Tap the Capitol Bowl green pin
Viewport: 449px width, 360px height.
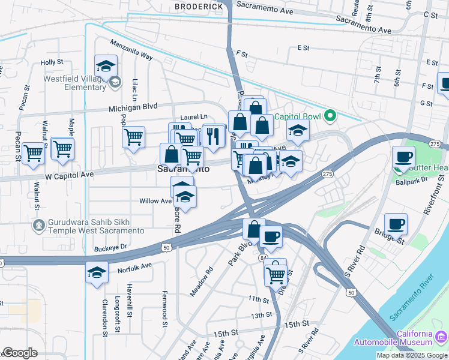pyautogui.click(x=329, y=116)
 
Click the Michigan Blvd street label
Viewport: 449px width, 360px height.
pyautogui.click(x=133, y=107)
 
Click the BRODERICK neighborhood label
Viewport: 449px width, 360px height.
pyautogui.click(x=199, y=6)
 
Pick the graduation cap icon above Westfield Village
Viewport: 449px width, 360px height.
pyautogui.click(x=106, y=66)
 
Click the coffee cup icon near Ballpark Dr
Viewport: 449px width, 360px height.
pyautogui.click(x=403, y=157)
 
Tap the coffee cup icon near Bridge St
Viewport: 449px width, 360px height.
pyautogui.click(x=396, y=224)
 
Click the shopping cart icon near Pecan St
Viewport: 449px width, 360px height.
pyautogui.click(x=33, y=153)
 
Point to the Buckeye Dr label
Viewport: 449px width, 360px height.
pyautogui.click(x=111, y=247)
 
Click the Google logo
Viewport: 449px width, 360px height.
pyautogui.click(x=20, y=353)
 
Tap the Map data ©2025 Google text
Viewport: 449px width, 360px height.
pyautogui.click(x=411, y=355)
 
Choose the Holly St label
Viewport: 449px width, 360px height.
pyautogui.click(x=52, y=62)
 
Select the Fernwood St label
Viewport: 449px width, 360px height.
pyautogui.click(x=164, y=310)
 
